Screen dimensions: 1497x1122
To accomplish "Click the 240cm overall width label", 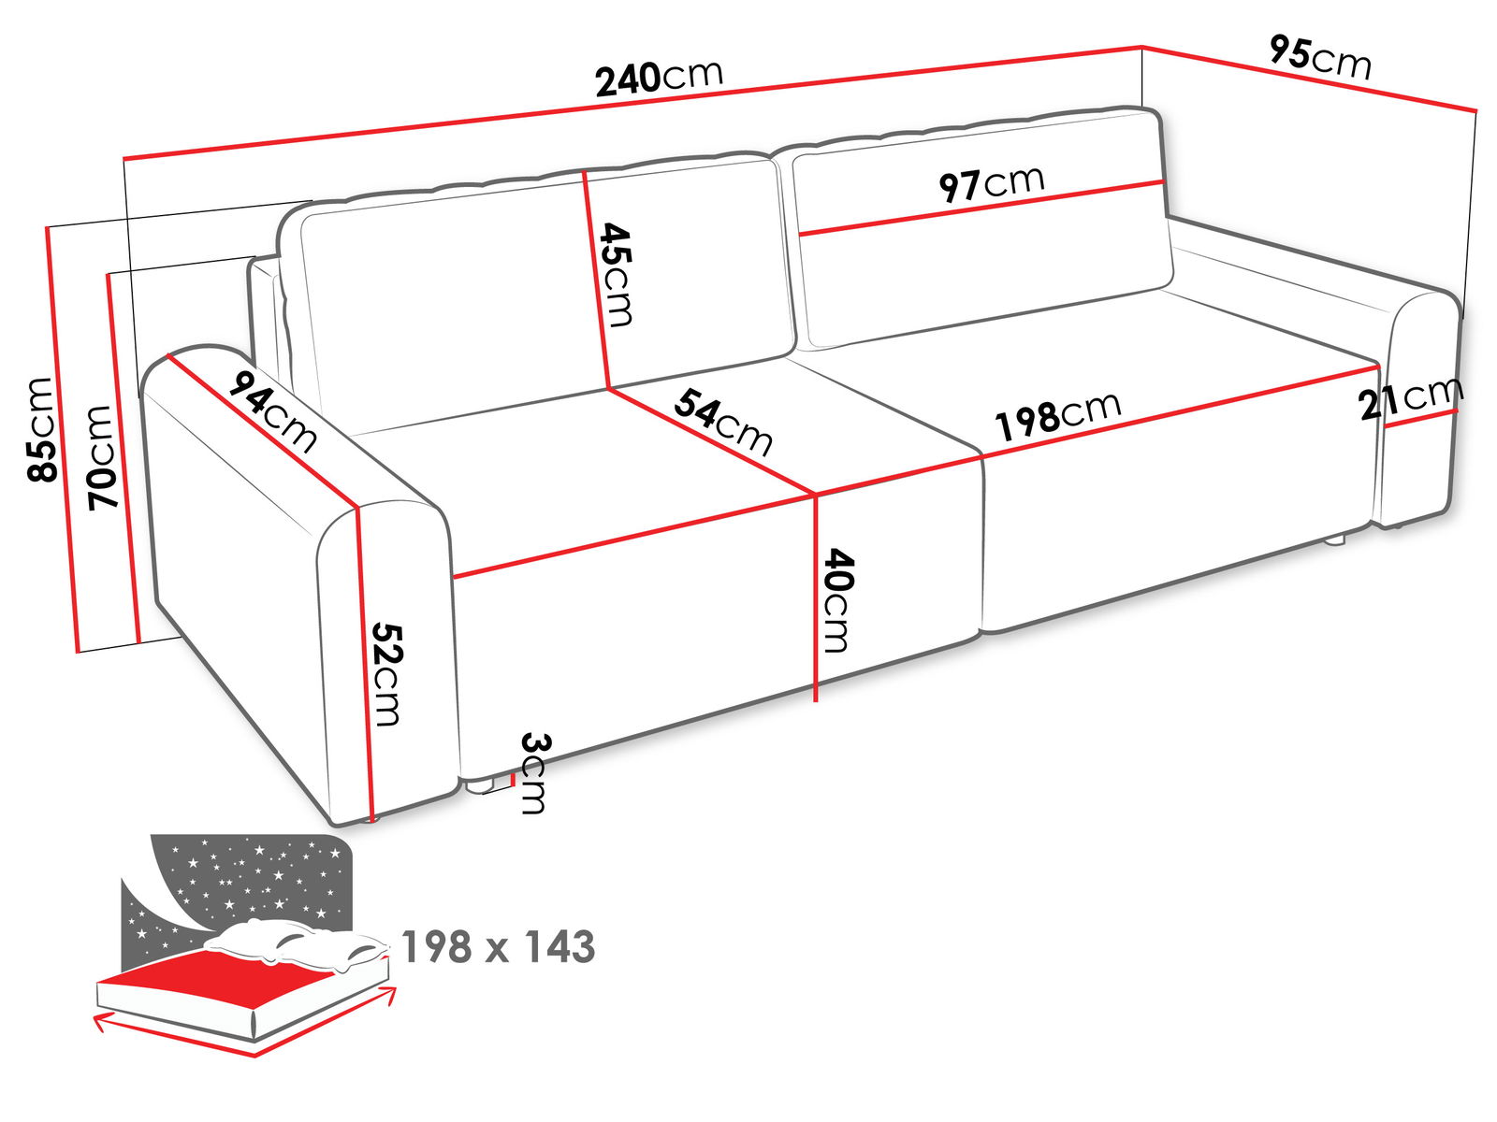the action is point(659,78).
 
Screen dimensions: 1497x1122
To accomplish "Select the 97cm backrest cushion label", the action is point(991,182).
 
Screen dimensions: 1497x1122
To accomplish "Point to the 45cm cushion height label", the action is point(616,275).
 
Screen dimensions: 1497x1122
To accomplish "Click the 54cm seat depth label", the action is point(723,423).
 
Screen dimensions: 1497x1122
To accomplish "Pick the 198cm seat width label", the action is point(1058,415).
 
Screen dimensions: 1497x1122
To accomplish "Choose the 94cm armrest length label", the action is point(272,411).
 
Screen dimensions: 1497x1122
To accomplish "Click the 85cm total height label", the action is point(41,429).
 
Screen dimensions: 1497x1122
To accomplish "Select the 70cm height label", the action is point(102,457).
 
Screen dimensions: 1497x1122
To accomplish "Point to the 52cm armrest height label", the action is point(386,674).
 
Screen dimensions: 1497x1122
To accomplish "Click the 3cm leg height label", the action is point(533,773).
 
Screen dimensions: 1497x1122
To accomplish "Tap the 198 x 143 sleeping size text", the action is point(499,946).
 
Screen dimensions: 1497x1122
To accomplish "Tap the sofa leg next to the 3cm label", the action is point(481,787).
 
